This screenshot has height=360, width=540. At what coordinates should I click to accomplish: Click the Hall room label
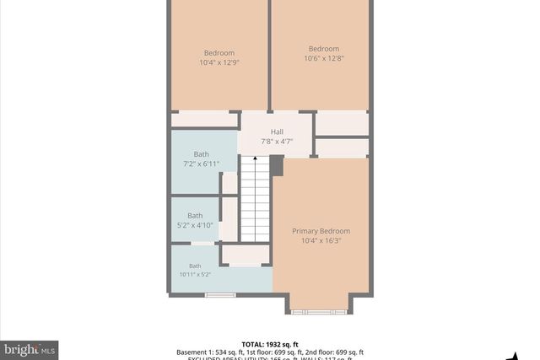(277, 132)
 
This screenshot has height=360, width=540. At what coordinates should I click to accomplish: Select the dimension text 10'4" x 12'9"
(219, 62)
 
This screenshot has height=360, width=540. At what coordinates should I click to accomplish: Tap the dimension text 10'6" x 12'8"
(323, 58)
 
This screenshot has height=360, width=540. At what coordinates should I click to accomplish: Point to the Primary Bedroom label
(321, 231)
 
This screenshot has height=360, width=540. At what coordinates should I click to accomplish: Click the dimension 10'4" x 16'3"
(321, 240)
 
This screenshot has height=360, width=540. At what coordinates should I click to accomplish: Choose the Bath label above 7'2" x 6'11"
(201, 153)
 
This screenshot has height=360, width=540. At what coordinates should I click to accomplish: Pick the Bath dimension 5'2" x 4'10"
(195, 225)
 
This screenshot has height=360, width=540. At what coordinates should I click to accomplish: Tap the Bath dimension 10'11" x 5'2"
(195, 274)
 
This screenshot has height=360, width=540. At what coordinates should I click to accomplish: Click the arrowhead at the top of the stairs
(255, 159)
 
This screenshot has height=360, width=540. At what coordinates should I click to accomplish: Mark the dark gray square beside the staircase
(276, 165)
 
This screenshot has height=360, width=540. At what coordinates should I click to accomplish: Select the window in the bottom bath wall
(220, 294)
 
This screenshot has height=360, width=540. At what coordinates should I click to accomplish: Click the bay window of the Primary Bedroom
(319, 312)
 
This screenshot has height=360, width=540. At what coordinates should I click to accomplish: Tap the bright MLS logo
(30, 348)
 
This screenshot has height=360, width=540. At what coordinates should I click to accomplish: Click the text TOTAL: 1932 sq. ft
(270, 344)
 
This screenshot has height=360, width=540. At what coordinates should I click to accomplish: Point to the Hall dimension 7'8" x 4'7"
(277, 142)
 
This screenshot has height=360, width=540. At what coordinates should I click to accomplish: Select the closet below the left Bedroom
(204, 120)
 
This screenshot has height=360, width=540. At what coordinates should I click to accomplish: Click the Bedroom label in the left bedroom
(219, 51)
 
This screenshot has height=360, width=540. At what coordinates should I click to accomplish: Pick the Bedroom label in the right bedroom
(323, 48)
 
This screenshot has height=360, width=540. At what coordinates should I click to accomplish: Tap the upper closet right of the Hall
(342, 123)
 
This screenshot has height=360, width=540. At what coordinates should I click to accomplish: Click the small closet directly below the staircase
(246, 255)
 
